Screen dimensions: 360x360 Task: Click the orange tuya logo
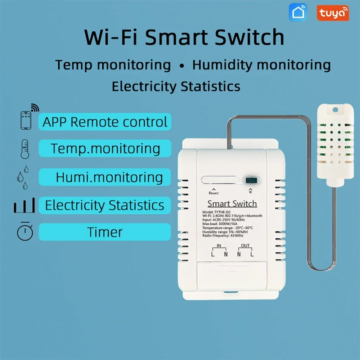(x=333, y=13)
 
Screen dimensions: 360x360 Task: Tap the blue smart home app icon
(x=298, y=13)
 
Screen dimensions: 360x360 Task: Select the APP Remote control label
(x=105, y=122)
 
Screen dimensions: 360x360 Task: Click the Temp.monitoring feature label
(x=105, y=149)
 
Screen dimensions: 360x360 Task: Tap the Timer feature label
(x=105, y=232)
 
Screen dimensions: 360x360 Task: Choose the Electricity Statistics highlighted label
(x=105, y=205)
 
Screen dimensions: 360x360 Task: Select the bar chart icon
(x=24, y=206)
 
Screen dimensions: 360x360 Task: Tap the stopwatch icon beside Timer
(x=25, y=231)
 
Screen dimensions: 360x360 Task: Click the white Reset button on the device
(x=220, y=180)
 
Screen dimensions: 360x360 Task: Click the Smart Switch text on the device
(x=232, y=204)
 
